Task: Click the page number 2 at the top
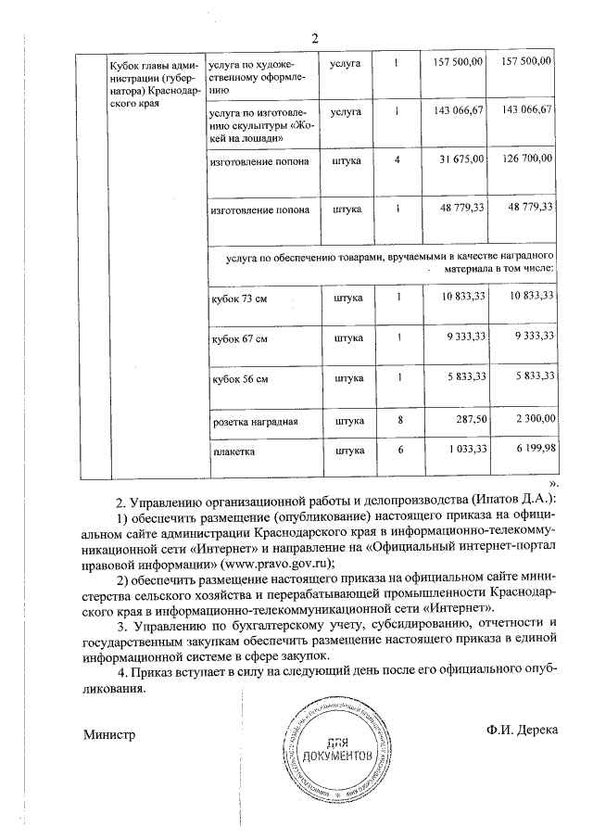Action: [314, 38]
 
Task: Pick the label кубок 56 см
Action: [240, 378]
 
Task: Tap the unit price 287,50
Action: [469, 420]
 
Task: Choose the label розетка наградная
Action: [255, 421]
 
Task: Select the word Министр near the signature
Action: [109, 735]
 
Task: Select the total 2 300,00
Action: [534, 420]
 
